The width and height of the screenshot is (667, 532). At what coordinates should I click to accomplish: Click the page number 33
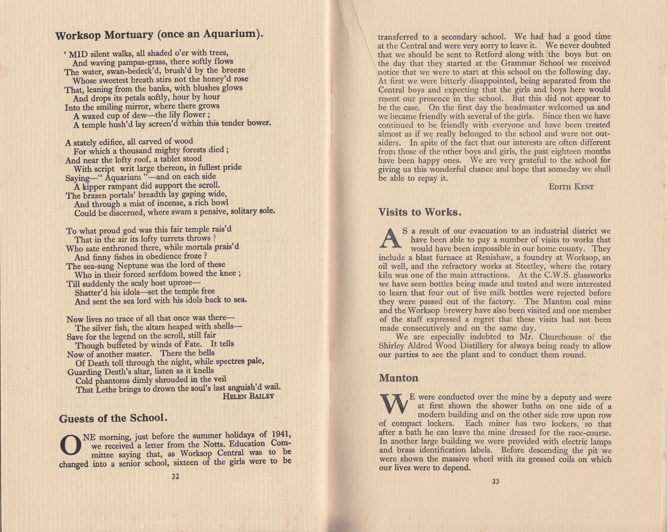tap(495, 481)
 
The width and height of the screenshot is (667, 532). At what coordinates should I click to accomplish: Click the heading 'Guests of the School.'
tap(113, 418)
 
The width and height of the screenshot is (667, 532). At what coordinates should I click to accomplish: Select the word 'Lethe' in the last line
tap(107, 389)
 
